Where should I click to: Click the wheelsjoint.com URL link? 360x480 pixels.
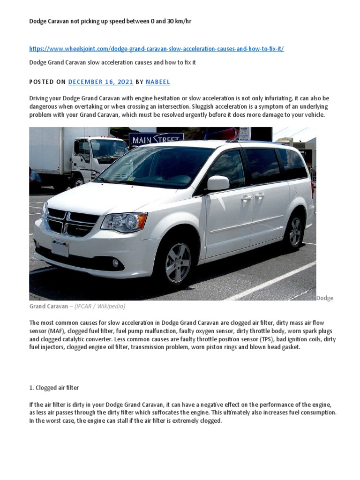157,49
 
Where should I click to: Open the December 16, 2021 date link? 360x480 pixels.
101,82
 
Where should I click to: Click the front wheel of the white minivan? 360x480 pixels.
178,263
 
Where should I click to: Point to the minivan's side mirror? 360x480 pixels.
218,183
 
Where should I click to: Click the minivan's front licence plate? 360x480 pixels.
60,247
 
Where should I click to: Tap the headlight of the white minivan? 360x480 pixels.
124,221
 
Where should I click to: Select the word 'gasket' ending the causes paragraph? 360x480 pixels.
289,347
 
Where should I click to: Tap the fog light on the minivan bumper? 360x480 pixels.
115,262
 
